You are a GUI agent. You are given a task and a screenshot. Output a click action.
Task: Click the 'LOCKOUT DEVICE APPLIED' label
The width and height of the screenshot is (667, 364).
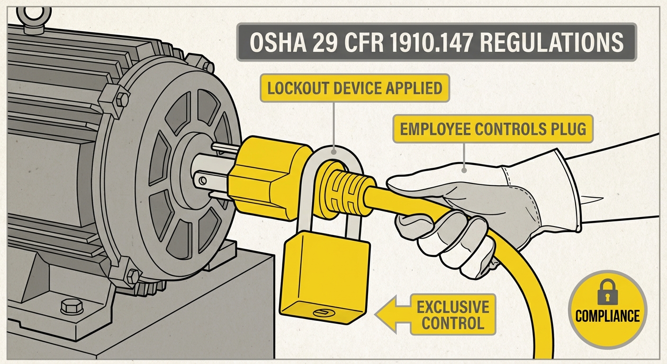point(354,88)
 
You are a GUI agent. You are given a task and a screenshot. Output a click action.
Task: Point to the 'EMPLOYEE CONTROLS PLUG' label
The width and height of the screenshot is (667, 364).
point(493,129)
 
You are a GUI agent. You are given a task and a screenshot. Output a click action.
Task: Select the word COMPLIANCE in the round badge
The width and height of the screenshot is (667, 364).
point(607,316)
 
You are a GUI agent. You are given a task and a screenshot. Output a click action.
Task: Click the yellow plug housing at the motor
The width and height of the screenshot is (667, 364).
point(265,175)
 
